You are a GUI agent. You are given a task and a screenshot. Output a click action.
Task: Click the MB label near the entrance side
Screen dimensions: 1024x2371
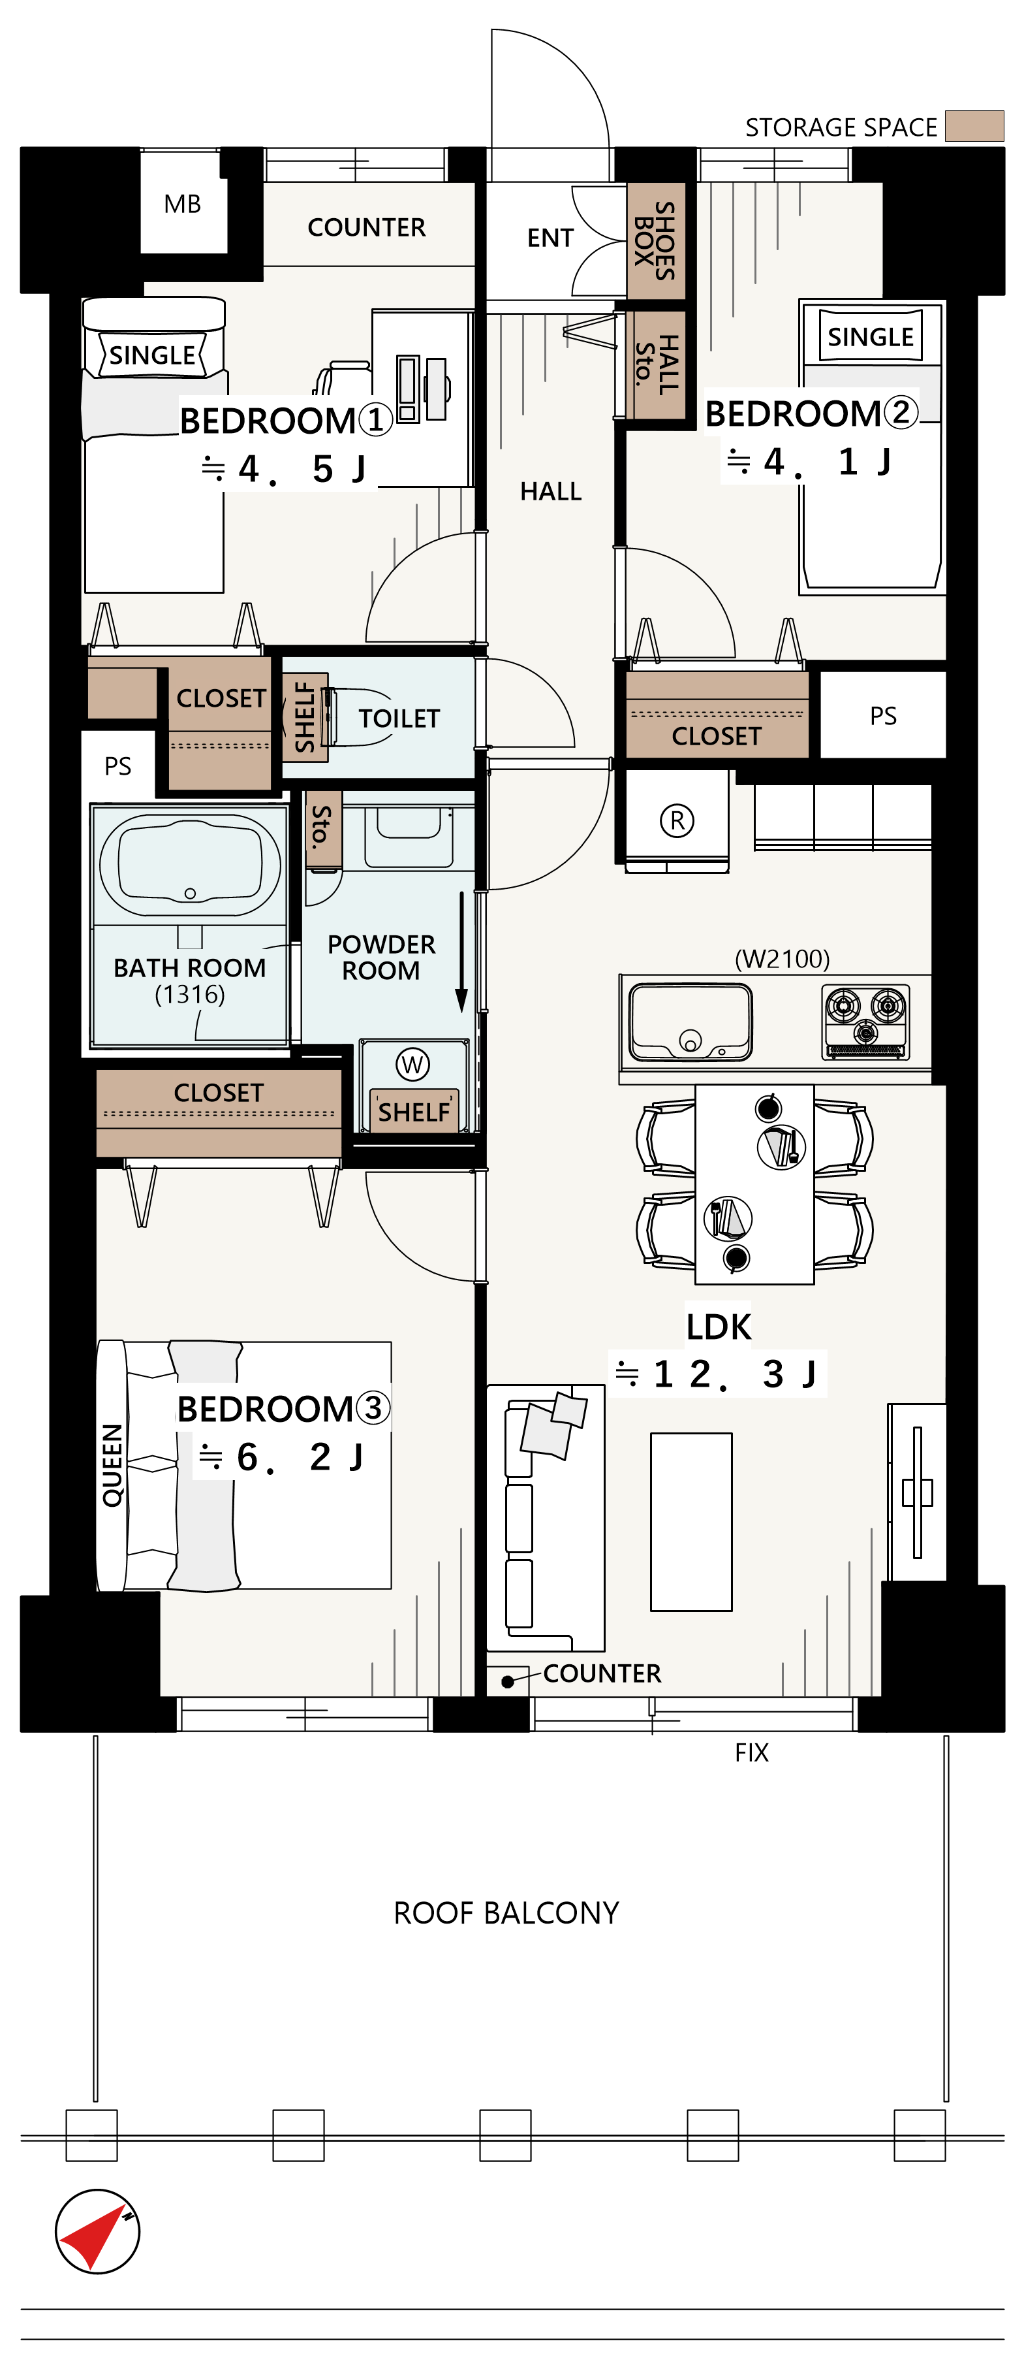(182, 204)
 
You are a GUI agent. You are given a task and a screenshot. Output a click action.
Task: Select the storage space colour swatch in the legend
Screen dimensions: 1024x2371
(974, 126)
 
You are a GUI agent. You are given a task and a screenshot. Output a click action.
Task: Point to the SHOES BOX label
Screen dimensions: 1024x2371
(655, 240)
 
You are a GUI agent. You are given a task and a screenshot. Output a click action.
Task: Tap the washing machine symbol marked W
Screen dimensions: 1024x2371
(412, 1065)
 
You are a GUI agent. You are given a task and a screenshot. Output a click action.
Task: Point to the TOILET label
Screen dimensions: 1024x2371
(399, 718)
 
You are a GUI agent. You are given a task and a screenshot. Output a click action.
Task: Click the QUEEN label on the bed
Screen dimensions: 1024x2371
(112, 1464)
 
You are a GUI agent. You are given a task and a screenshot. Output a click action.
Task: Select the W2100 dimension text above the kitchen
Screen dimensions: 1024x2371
(782, 959)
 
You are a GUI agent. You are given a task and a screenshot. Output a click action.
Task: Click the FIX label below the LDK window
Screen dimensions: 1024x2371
(752, 1752)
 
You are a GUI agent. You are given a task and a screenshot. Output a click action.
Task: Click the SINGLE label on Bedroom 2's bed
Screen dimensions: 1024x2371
(871, 337)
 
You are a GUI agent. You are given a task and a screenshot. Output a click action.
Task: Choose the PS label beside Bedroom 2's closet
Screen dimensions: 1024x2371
(883, 716)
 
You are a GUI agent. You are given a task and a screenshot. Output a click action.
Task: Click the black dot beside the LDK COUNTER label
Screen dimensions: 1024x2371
(507, 1682)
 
